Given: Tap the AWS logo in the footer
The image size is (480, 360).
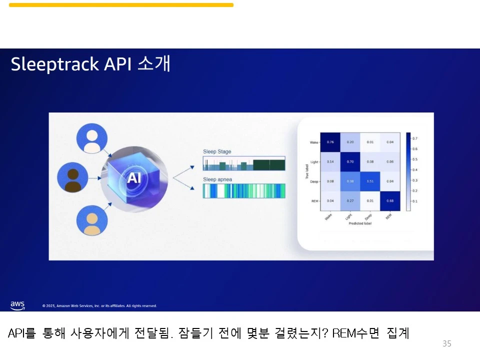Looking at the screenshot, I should tap(17, 304).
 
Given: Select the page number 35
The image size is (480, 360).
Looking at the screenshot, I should tap(447, 343).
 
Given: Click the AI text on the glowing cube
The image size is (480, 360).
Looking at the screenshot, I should tap(133, 178).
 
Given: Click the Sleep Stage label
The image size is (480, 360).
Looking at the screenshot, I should tap(217, 151).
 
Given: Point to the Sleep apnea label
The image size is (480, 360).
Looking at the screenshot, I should tap(217, 179).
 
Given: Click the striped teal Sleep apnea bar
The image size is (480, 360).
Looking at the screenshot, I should tap(244, 191).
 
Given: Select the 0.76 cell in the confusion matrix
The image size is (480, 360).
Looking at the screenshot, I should tap(330, 142).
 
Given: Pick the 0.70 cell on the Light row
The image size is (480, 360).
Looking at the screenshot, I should tap(350, 161).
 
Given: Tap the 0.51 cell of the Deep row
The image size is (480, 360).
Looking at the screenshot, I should tap(370, 181).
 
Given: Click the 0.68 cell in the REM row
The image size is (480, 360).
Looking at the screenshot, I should tap(390, 200).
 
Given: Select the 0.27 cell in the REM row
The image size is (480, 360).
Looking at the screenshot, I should tap(350, 200).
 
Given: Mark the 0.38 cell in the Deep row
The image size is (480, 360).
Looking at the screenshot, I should tap(350, 181).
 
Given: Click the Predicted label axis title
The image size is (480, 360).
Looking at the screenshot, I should tap(360, 223).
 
